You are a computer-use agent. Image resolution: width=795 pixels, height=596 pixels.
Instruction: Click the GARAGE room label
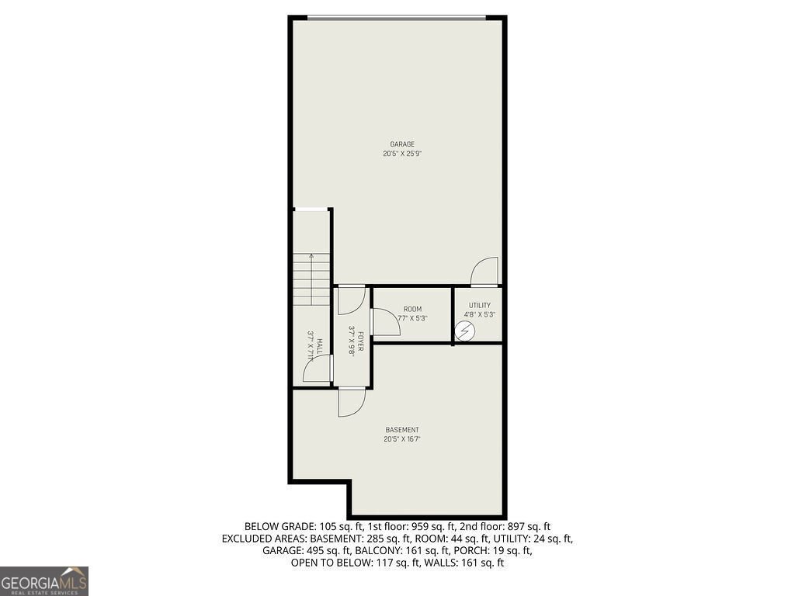(402, 144)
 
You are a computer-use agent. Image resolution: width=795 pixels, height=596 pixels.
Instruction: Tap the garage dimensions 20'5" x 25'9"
(402, 154)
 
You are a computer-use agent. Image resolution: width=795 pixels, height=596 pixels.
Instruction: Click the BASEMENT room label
(402, 430)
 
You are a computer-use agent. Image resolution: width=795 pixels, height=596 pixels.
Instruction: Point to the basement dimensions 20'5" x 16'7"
(402, 439)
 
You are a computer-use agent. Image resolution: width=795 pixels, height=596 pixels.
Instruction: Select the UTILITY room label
(479, 305)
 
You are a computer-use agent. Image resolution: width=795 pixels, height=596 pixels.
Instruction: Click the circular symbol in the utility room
(464, 331)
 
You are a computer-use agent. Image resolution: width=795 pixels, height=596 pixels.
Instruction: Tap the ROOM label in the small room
(412, 309)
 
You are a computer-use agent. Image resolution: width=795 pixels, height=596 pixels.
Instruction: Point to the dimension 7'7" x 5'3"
(412, 318)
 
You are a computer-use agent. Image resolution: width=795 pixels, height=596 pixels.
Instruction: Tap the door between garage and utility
(484, 272)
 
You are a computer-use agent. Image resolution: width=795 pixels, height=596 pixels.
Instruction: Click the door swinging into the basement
(352, 402)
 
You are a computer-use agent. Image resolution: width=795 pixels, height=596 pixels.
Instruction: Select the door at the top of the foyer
(352, 300)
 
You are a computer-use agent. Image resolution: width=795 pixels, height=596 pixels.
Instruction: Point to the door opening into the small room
(386, 322)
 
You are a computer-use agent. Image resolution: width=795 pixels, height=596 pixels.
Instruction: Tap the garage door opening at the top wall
(397, 17)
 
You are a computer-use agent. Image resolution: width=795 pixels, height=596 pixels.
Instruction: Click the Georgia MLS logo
(44, 580)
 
